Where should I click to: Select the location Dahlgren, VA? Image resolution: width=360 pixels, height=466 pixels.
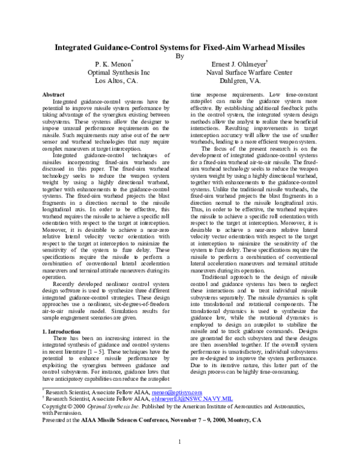click(x=241, y=80)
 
